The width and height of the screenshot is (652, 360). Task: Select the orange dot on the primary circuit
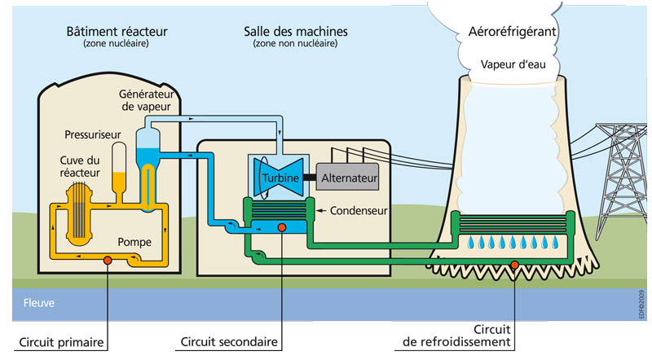click(x=107, y=261)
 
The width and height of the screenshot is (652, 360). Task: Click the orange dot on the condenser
click(x=281, y=227)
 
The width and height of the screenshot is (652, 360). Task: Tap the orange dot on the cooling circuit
click(x=514, y=263)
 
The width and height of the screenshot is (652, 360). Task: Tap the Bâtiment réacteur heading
click(x=116, y=31)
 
